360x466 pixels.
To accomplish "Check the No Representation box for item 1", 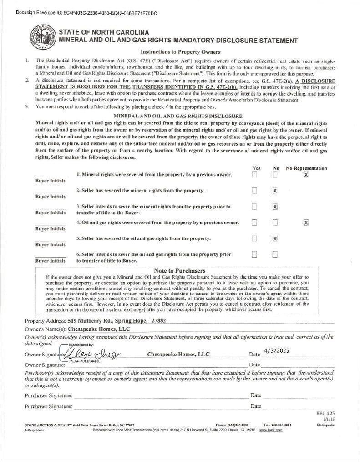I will (306, 175).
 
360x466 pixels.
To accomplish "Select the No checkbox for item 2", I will (275, 191).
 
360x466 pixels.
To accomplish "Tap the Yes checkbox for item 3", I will (254, 207).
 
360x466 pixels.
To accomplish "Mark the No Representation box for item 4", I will (306, 223).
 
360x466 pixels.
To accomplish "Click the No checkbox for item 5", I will (275, 238).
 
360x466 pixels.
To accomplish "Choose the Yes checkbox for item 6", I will (254, 254).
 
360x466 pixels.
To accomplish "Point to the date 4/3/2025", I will (276, 351).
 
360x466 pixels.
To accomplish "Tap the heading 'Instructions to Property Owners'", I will (181, 52).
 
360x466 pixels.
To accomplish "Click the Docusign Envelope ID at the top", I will (86, 13).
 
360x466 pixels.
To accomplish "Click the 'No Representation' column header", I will (306, 168).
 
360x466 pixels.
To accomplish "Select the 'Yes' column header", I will (256, 168).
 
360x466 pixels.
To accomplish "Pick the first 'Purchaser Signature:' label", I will (48, 395).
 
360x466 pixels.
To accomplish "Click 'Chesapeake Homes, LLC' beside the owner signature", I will (178, 354).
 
